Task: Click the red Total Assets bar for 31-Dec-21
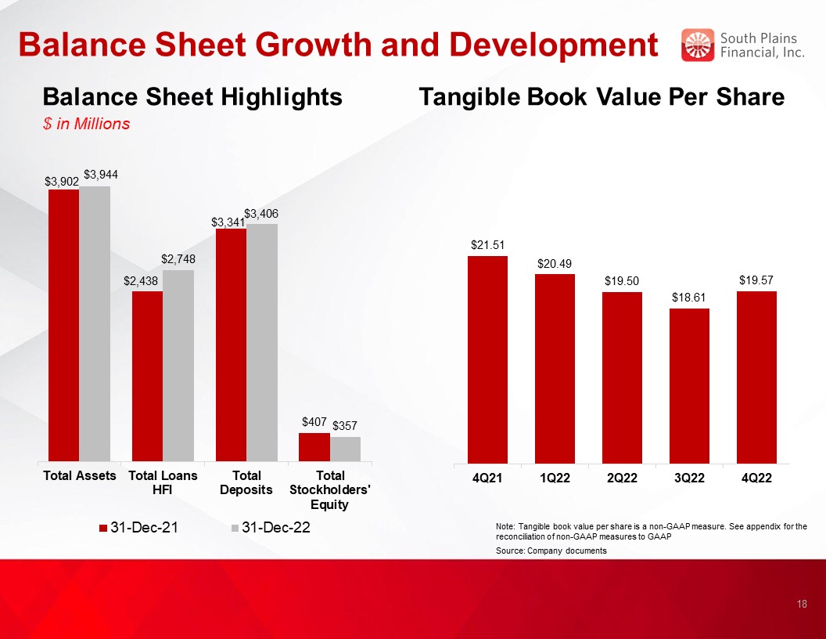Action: [63, 324]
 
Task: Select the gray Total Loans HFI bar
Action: [178, 365]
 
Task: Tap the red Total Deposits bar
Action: [231, 345]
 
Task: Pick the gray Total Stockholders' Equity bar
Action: [345, 449]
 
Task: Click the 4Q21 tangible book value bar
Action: [487, 359]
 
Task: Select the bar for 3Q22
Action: [689, 385]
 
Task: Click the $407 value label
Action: [314, 422]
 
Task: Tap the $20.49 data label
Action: [554, 264]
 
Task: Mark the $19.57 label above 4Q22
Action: [756, 280]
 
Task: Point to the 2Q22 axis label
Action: [622, 478]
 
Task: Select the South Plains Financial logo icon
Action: [698, 45]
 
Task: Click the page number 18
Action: [802, 604]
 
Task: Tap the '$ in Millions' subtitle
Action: [86, 124]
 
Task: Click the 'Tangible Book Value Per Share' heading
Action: [602, 97]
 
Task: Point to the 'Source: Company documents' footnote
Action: [551, 551]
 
